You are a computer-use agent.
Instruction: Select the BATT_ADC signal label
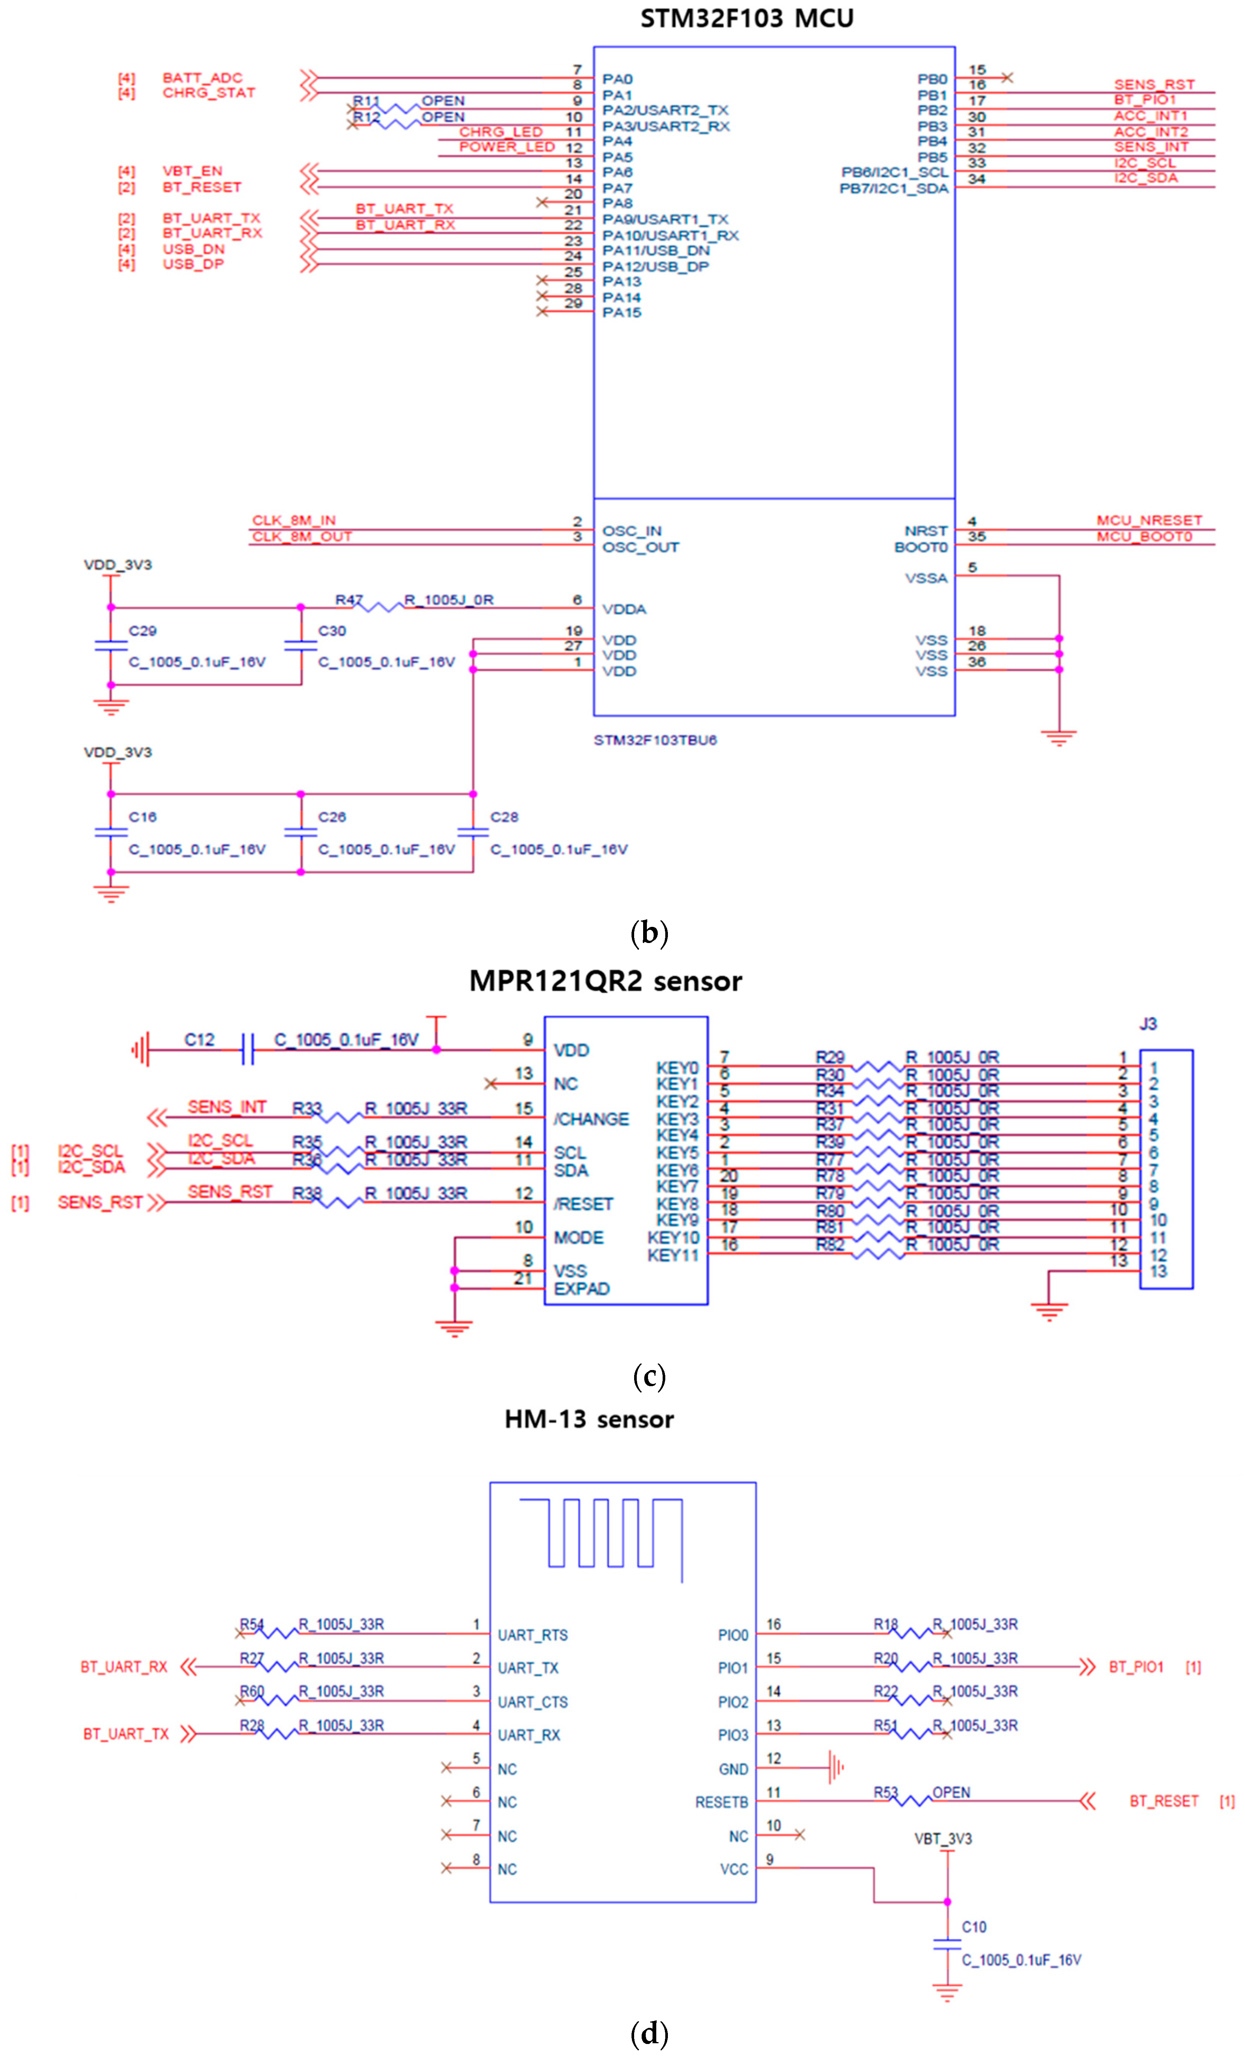202,78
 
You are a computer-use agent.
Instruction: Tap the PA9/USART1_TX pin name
665,220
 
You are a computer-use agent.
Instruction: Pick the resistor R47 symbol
380,607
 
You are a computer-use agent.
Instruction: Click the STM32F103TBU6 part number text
655,740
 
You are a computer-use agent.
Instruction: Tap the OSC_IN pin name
632,531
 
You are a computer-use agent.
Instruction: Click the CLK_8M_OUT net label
302,537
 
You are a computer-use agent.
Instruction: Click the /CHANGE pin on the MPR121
591,1119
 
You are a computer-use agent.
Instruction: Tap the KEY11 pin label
672,1255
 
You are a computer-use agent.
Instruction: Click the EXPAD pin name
582,1288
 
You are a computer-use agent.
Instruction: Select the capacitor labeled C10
947,1944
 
